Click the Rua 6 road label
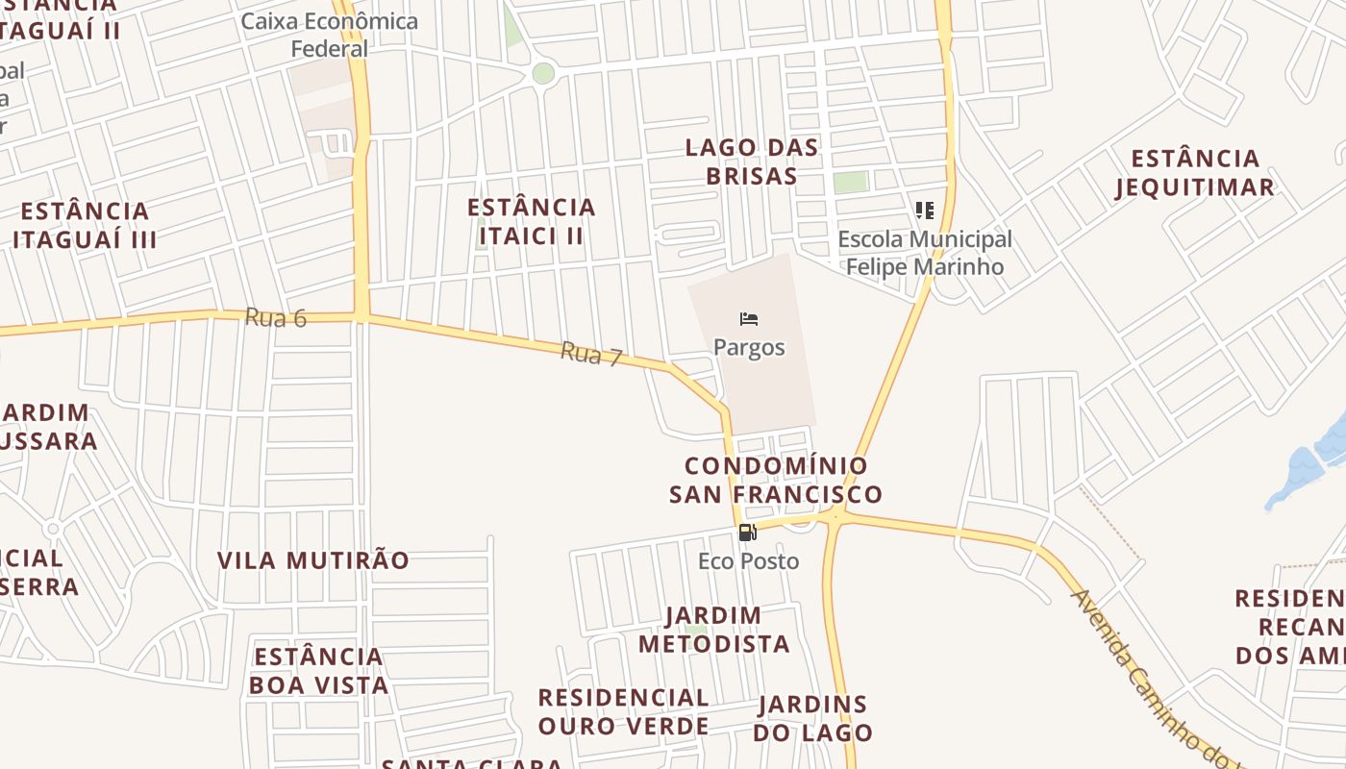coord(275,317)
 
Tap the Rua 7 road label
coord(591,354)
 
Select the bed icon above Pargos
coord(749,319)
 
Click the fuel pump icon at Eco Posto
coord(747,533)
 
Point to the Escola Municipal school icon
coord(925,210)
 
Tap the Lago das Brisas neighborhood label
coord(752,161)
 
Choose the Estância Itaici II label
coord(532,221)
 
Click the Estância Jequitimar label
coord(1195,173)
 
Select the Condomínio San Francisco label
coord(776,480)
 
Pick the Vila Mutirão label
coord(313,560)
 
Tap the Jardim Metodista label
coord(714,630)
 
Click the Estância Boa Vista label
coord(319,671)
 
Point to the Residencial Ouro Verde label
coord(624,711)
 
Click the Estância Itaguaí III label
coord(85,225)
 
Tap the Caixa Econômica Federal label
coord(330,35)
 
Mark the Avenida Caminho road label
coord(1149,673)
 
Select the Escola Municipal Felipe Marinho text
coord(925,253)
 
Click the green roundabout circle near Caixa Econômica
coord(543,73)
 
